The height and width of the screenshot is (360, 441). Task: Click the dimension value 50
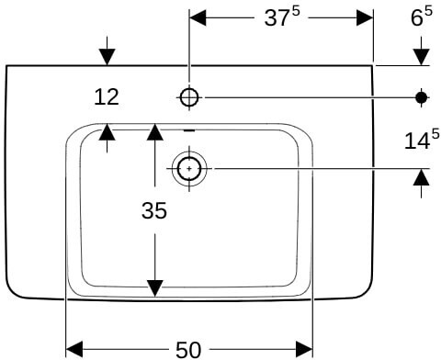[188, 350]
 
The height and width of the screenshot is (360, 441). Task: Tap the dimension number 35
[154, 210]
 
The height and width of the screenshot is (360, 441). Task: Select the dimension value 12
[107, 97]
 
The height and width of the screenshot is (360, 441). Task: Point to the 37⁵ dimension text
[282, 17]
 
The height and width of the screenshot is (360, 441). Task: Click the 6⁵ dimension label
[422, 17]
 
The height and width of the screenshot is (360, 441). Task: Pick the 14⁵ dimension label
[422, 140]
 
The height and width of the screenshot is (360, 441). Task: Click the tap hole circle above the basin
[189, 97]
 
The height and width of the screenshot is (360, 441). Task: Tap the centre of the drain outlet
[189, 169]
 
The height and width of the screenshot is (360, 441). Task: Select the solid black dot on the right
[422, 97]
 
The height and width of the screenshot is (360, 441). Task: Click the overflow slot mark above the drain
[189, 130]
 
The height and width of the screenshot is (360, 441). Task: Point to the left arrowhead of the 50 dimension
[74, 349]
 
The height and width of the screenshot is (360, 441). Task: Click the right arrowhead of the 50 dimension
[304, 349]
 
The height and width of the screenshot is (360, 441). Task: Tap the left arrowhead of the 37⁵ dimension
[198, 17]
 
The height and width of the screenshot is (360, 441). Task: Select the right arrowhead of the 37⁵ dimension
[365, 17]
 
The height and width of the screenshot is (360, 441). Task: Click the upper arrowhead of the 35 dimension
[155, 132]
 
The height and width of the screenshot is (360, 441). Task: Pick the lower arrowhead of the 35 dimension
[155, 288]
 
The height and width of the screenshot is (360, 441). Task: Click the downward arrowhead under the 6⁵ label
[422, 57]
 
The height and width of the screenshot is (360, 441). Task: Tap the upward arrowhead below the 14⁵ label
[422, 177]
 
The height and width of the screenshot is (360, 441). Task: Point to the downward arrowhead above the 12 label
[107, 57]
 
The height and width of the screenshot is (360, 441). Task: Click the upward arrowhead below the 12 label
[107, 132]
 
